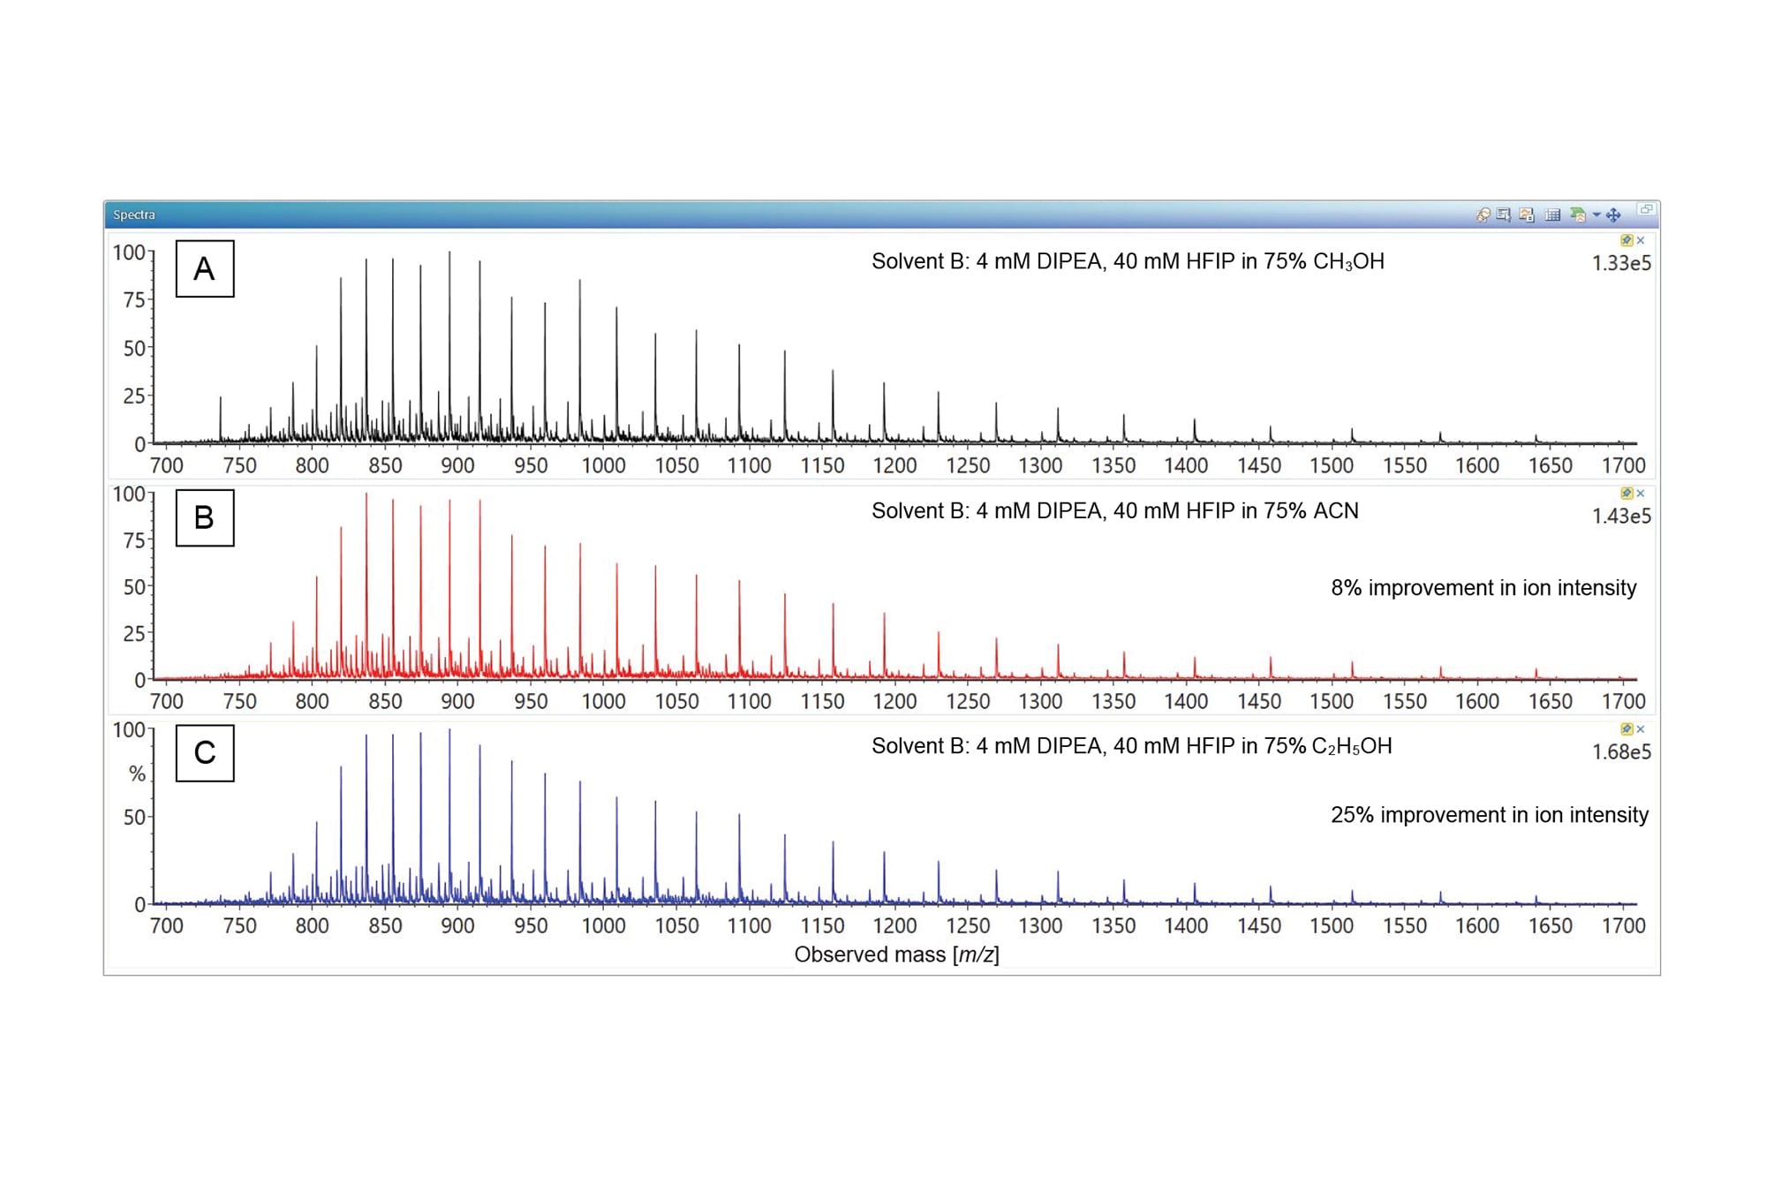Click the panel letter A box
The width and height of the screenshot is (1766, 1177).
coord(205,268)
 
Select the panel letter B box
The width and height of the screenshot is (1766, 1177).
coord(205,517)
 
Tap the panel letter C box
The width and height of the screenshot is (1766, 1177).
coord(205,753)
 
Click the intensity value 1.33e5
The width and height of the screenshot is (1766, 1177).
coord(1620,263)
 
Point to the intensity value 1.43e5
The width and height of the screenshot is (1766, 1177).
coord(1620,517)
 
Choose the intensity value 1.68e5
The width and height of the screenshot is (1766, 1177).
coord(1620,752)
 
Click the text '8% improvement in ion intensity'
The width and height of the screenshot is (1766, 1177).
coord(1483,588)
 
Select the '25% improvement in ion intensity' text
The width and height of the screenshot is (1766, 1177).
coord(1489,815)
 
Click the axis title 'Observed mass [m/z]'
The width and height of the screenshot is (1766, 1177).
coord(896,954)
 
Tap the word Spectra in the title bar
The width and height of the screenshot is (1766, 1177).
coord(134,215)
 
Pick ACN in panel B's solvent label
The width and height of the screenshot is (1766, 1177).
coord(1335,511)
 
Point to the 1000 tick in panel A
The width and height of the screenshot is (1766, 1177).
coord(603,465)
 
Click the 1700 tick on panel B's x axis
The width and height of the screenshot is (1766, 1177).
coord(1623,702)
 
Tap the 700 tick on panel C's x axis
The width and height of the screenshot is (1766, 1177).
coord(167,926)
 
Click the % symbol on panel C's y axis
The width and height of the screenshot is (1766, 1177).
coord(137,774)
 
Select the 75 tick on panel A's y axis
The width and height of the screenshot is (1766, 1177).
coord(134,300)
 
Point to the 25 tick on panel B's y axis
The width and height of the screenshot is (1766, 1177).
coord(134,634)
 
